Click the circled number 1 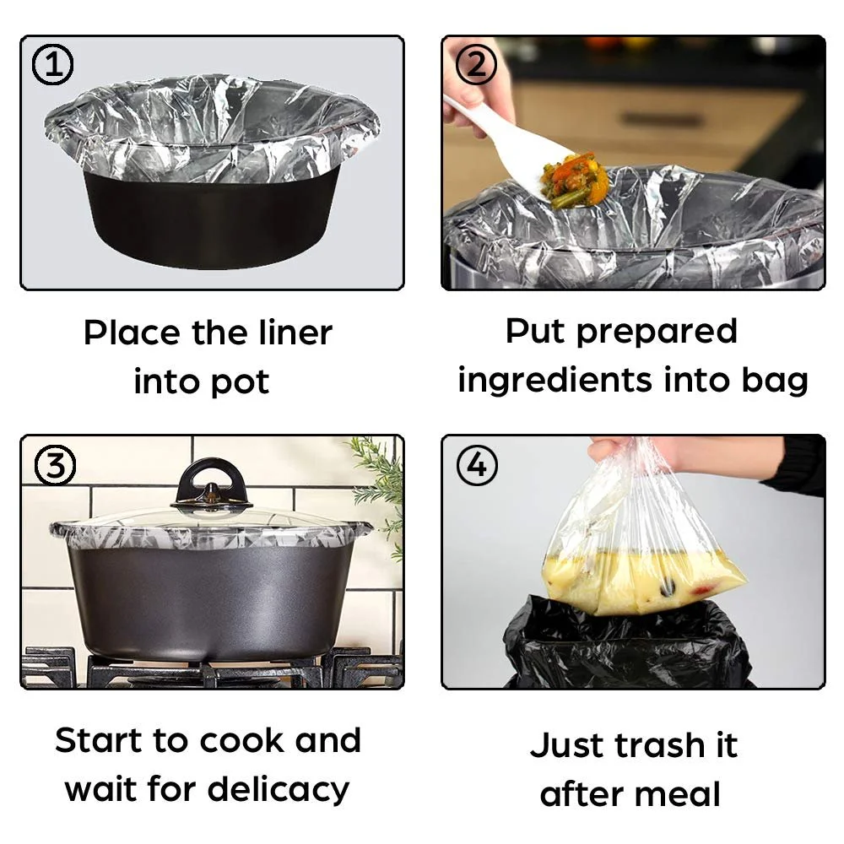52,65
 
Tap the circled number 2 476,65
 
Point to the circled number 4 478,465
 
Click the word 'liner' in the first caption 295,333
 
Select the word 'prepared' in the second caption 657,333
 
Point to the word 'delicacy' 279,790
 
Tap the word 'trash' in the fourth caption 659,745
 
